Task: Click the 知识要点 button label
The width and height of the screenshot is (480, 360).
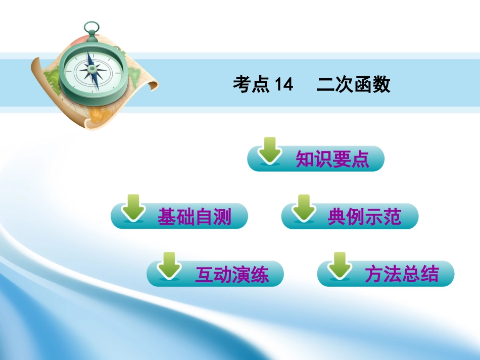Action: click(x=332, y=160)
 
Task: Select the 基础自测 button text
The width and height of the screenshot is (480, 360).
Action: click(x=195, y=217)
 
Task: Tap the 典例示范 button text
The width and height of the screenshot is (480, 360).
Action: click(x=364, y=217)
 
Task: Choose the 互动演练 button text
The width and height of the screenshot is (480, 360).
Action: click(x=232, y=275)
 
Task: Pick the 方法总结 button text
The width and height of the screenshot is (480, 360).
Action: click(x=402, y=275)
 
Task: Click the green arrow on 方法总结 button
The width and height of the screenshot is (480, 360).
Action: click(x=340, y=266)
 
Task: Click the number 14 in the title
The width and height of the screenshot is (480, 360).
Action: click(x=284, y=85)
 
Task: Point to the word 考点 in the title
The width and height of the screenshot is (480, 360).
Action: click(x=251, y=85)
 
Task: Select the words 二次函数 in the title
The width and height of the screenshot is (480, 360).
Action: click(x=353, y=85)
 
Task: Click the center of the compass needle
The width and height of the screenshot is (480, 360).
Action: click(x=93, y=71)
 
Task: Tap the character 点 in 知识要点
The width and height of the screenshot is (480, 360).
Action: click(x=360, y=160)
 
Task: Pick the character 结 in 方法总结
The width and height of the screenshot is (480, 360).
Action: click(x=430, y=275)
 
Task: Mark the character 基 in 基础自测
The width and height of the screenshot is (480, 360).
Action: click(x=167, y=217)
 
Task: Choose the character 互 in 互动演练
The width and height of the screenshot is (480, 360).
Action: click(x=204, y=275)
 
